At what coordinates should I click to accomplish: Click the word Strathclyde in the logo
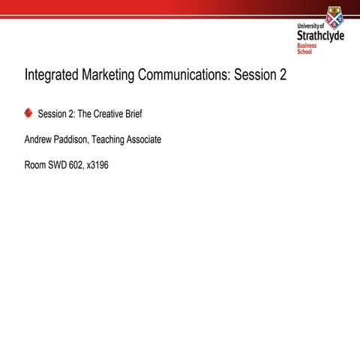[320, 34]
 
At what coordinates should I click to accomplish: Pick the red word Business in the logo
[307, 46]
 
